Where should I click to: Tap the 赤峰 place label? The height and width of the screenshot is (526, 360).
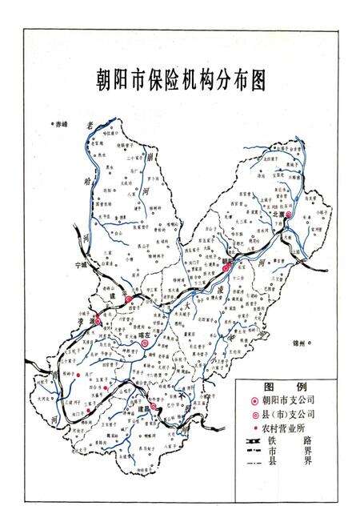(62, 123)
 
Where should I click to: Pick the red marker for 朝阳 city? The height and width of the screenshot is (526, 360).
(227, 269)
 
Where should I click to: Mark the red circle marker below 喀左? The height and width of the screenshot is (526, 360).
(144, 344)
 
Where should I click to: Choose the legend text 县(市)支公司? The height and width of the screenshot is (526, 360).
(290, 415)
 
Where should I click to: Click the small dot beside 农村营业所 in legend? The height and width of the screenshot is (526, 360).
(254, 430)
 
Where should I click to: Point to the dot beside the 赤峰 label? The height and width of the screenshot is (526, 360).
(51, 124)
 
